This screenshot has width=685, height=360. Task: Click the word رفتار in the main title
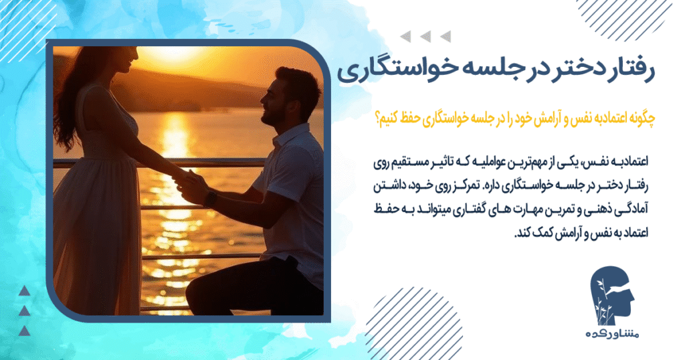[631, 71]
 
